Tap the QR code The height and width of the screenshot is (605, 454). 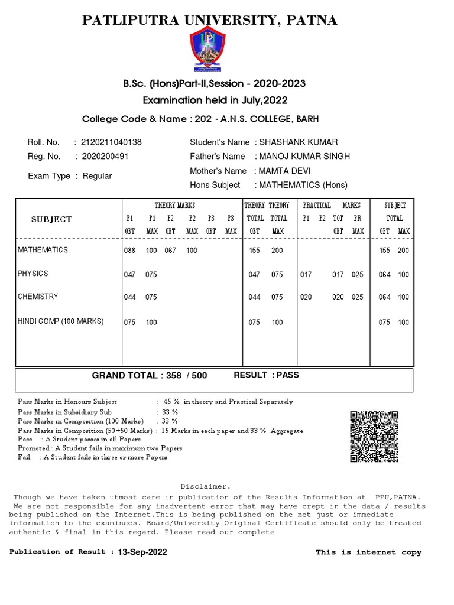[375, 436]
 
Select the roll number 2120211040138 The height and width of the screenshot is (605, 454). [112, 142]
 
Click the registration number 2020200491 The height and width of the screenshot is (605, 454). [105, 157]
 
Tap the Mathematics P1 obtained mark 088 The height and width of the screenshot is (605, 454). [129, 251]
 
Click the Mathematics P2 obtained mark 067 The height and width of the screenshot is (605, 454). [171, 251]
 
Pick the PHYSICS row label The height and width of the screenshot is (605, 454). [33, 274]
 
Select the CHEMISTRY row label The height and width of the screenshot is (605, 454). [38, 297]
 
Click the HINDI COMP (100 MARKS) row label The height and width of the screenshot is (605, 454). [60, 321]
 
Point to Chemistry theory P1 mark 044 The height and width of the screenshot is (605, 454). [129, 297]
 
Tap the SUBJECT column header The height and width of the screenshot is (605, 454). [51, 219]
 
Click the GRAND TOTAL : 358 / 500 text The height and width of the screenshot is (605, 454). [149, 376]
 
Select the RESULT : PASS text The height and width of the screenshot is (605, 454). [266, 375]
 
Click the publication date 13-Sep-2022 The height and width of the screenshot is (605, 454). [142, 552]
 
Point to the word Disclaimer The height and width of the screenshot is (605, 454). [205, 486]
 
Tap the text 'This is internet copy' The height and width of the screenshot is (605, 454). [368, 552]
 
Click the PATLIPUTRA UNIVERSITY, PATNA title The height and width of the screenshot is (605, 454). [210, 21]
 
